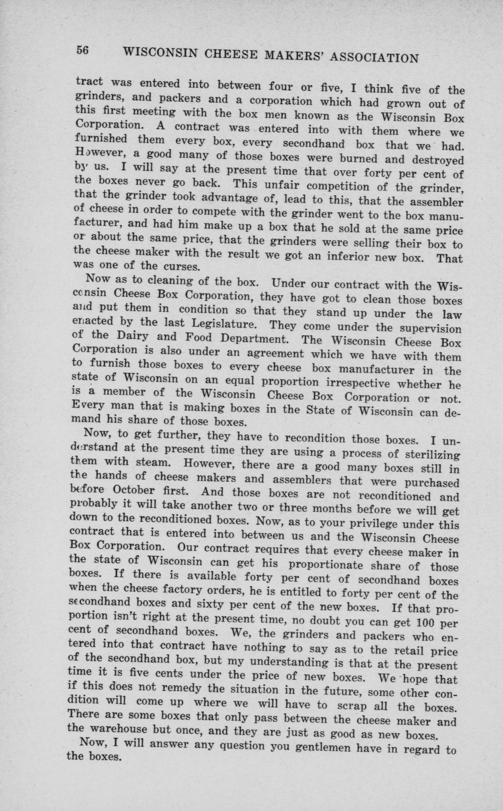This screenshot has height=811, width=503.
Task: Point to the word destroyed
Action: tap(437, 160)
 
